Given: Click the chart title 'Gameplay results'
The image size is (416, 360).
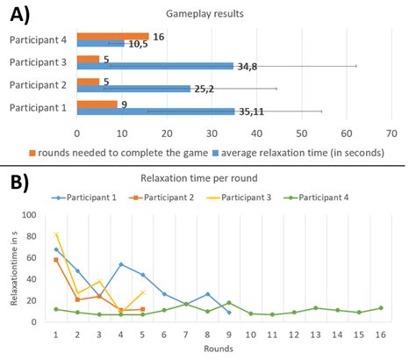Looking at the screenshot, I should (231, 15).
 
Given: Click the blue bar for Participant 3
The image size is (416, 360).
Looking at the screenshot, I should (155, 66).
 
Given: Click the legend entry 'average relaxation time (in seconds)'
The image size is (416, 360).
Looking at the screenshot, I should (305, 152).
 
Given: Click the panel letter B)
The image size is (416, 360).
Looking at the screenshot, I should (18, 183).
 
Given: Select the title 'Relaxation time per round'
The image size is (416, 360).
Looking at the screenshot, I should (230, 179).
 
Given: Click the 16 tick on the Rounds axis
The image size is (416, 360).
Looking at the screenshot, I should (380, 335).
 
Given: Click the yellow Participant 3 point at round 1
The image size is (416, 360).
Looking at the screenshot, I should (56, 234).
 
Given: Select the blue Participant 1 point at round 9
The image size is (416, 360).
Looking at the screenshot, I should (229, 312).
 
